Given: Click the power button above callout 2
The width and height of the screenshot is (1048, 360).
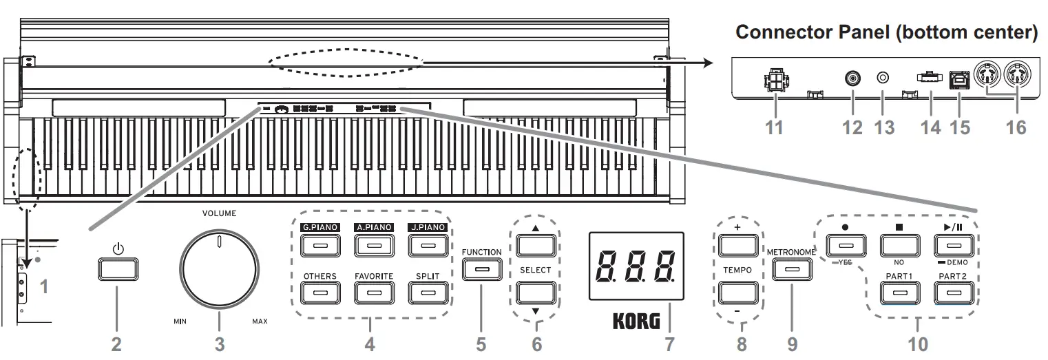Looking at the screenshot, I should coord(117,269).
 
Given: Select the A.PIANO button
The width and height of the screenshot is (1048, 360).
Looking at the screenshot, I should coord(373,244).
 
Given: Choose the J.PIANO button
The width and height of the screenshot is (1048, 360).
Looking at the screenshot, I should coord(426,244).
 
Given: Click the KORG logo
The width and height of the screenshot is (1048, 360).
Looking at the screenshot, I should coord(635,321).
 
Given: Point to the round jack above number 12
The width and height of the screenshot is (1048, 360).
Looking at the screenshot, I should coord(853,78).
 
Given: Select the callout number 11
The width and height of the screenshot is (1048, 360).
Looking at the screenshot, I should coord(775,127).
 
